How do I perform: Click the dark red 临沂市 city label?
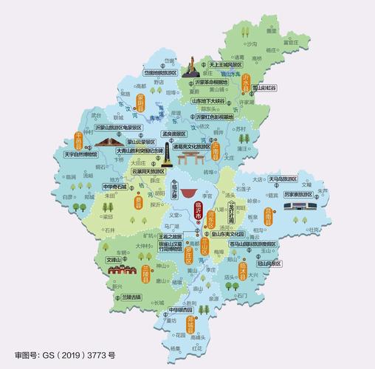tap(197, 211)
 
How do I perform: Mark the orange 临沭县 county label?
tap(262, 275)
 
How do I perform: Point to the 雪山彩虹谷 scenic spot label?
tap(264, 87)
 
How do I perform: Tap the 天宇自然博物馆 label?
tap(80, 155)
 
